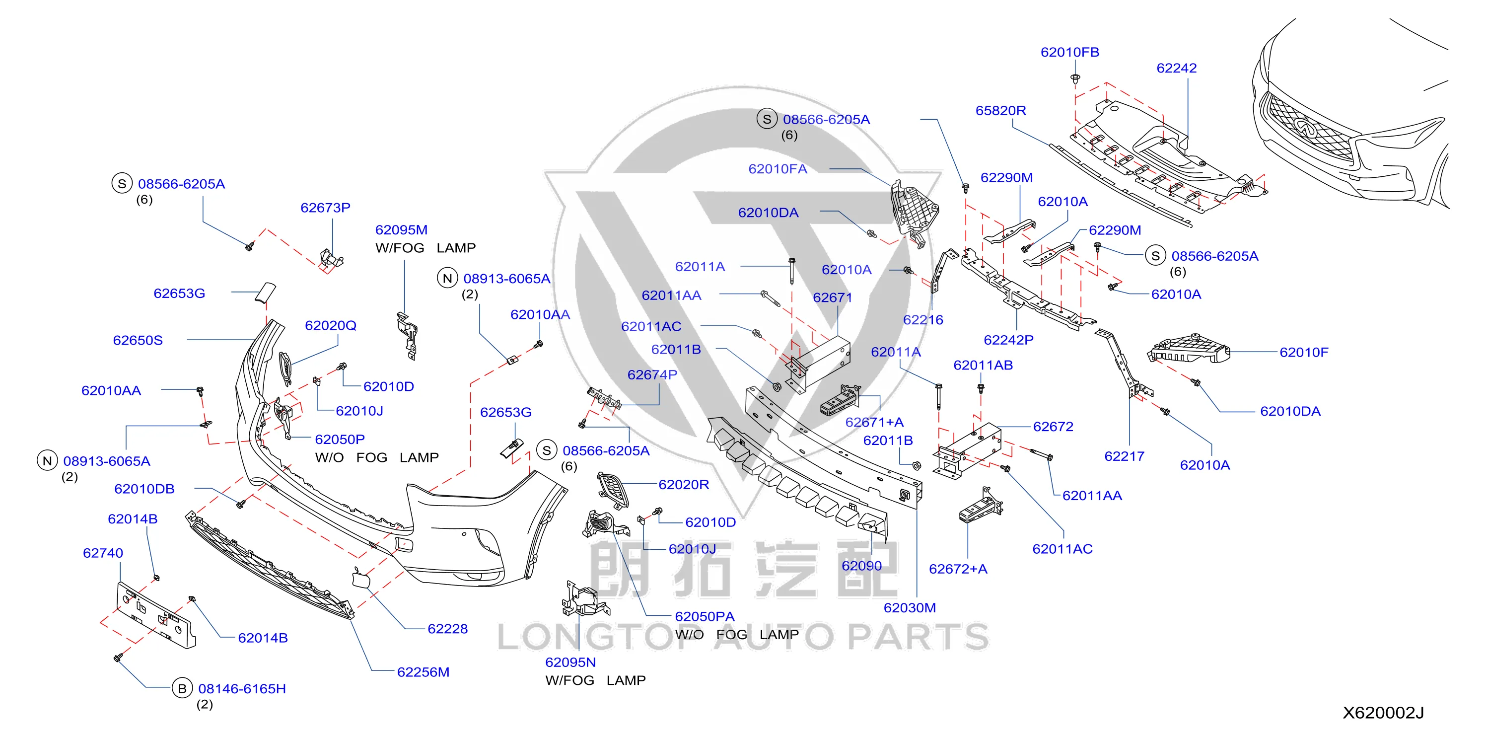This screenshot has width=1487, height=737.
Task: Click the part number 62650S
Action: pyautogui.click(x=138, y=340)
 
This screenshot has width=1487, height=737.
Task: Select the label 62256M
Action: pyautogui.click(x=423, y=672)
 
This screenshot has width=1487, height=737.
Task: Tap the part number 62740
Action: pyautogui.click(x=103, y=553)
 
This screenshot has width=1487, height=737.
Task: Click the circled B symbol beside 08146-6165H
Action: pyautogui.click(x=182, y=688)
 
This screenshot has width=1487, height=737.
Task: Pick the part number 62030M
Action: pyautogui.click(x=910, y=607)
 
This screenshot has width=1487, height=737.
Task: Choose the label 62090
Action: pyautogui.click(x=861, y=566)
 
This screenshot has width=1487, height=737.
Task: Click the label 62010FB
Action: pyautogui.click(x=1069, y=52)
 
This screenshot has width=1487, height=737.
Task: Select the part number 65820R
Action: pyautogui.click(x=1000, y=110)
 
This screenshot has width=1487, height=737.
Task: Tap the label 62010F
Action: pyautogui.click(x=1303, y=352)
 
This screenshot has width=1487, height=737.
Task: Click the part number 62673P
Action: pyautogui.click(x=325, y=208)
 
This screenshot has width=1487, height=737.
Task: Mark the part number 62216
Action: pyautogui.click(x=923, y=319)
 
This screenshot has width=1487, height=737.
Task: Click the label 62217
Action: pyautogui.click(x=1124, y=456)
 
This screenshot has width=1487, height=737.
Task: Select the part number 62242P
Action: pyautogui.click(x=1008, y=340)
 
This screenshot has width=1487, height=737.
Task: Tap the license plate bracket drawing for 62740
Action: pyautogui.click(x=156, y=616)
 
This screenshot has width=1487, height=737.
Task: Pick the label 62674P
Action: pyautogui.click(x=652, y=374)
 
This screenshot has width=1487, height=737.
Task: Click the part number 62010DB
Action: pyautogui.click(x=144, y=489)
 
